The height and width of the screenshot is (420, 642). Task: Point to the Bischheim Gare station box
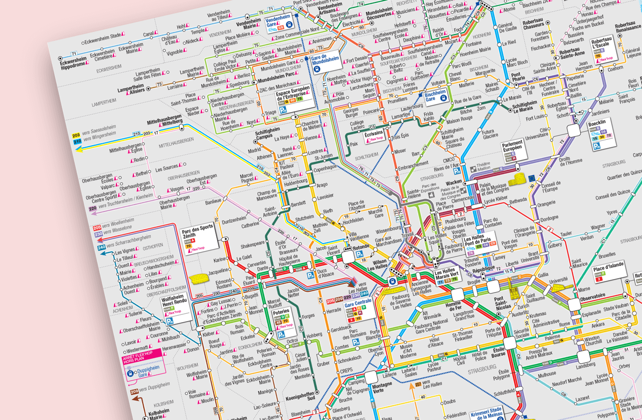pyautogui.click(x=436, y=95)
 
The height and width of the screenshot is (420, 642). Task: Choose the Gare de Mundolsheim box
pyautogui.click(x=325, y=62)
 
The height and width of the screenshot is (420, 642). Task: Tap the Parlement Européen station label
pyautogui.click(x=512, y=150)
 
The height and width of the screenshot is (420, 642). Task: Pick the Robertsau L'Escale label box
pyautogui.click(x=603, y=52)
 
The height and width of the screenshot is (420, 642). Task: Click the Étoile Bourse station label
pyautogui.click(x=498, y=352)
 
